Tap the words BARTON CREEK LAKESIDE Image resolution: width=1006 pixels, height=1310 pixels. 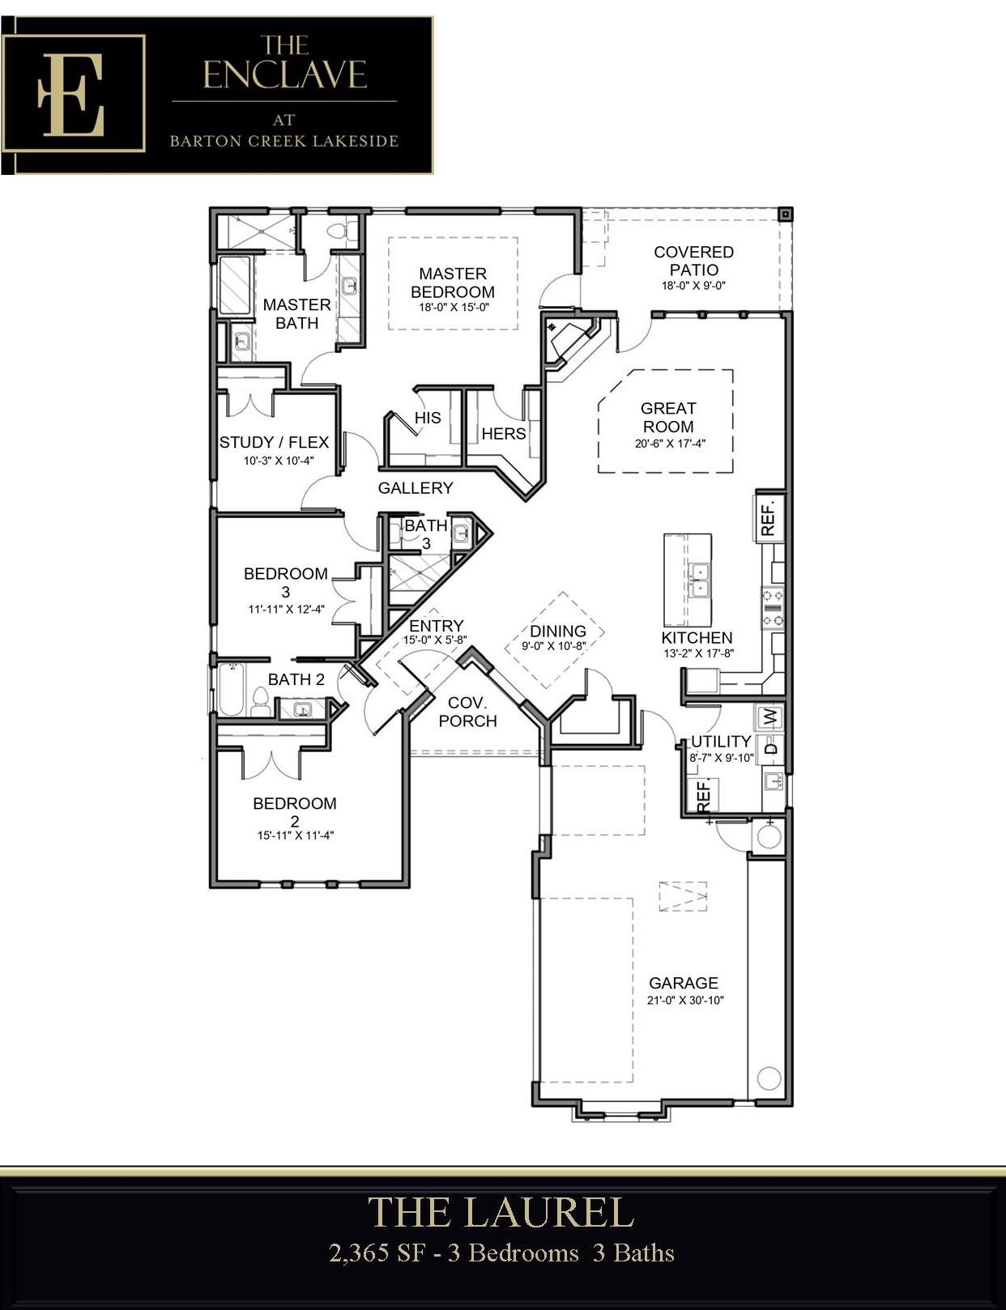(x=284, y=141)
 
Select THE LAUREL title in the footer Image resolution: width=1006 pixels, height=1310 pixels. (x=501, y=1213)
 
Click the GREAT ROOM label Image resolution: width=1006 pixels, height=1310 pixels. (x=668, y=417)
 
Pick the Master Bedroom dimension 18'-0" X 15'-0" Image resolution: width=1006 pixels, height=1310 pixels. (x=454, y=308)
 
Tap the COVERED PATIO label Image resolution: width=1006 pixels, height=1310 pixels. (x=693, y=261)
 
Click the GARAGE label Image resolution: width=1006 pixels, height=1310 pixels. (x=684, y=983)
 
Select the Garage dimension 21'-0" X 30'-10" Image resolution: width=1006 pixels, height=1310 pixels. (x=685, y=1000)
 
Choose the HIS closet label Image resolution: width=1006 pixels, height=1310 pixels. (x=428, y=418)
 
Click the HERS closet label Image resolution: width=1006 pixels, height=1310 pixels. (x=504, y=433)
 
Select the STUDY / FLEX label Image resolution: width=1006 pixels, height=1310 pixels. (x=274, y=443)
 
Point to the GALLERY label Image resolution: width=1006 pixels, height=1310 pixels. (x=416, y=487)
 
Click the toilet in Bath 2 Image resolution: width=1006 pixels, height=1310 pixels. (x=261, y=702)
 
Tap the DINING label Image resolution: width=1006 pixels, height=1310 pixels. (x=558, y=632)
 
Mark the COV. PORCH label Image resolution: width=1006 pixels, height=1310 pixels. (x=467, y=712)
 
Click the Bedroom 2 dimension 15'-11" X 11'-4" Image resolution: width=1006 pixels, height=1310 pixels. (x=296, y=836)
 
